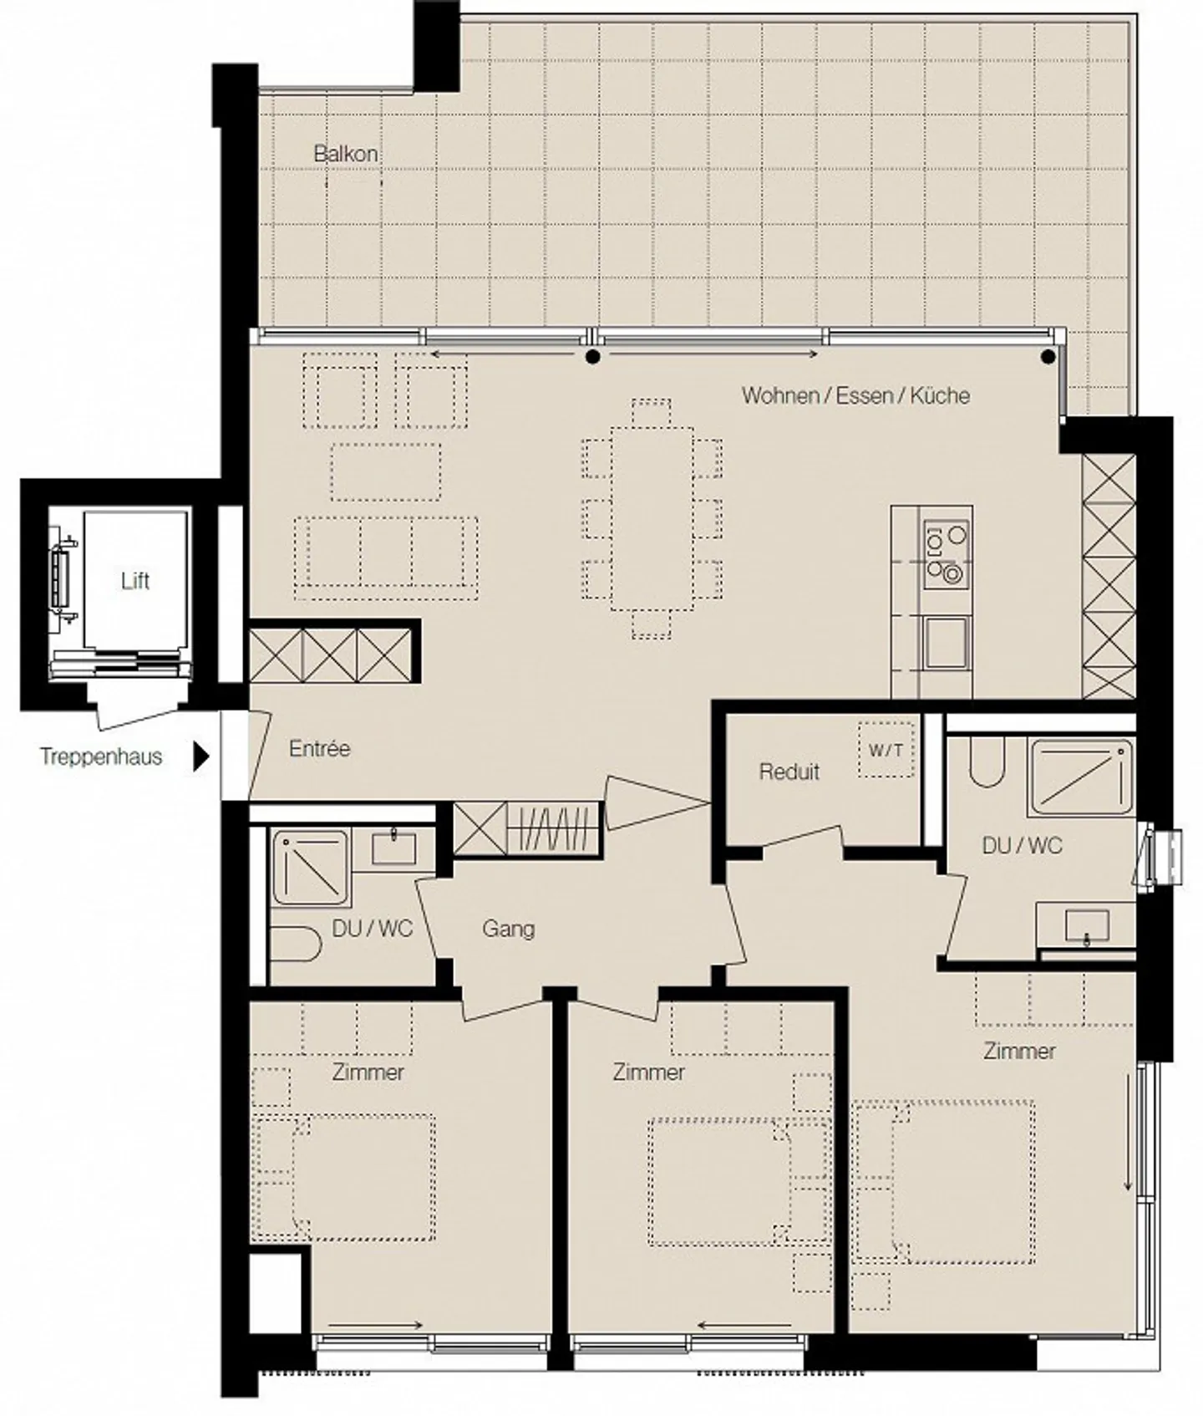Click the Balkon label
click(x=345, y=154)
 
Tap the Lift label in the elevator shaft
click(x=135, y=580)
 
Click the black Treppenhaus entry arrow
click(x=200, y=756)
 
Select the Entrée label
click(x=319, y=748)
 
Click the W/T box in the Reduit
click(x=886, y=750)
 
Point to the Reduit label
click(x=789, y=771)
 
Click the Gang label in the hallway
click(x=508, y=928)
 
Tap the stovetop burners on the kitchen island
click(x=947, y=552)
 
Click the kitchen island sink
click(x=947, y=642)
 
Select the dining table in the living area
click(x=652, y=518)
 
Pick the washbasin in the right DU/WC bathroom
click(x=1087, y=926)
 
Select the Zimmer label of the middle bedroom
click(x=648, y=1072)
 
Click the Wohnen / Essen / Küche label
click(x=855, y=395)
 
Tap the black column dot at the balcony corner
click(x=1048, y=358)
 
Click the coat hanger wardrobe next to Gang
click(x=554, y=829)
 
